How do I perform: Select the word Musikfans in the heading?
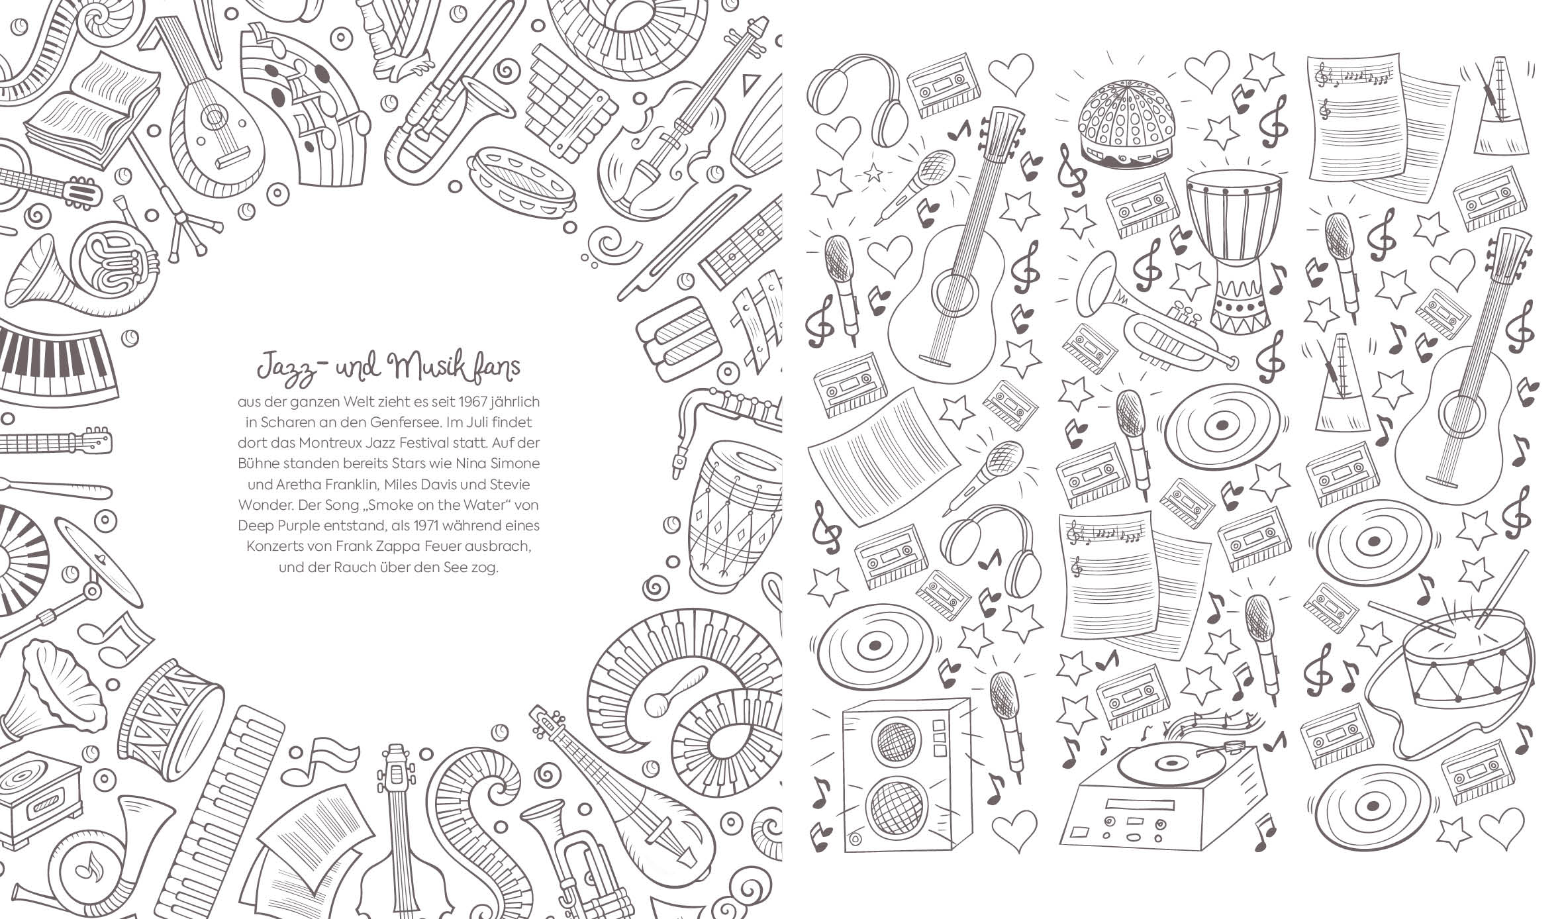pos(456,368)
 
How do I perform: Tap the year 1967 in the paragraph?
pos(456,401)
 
